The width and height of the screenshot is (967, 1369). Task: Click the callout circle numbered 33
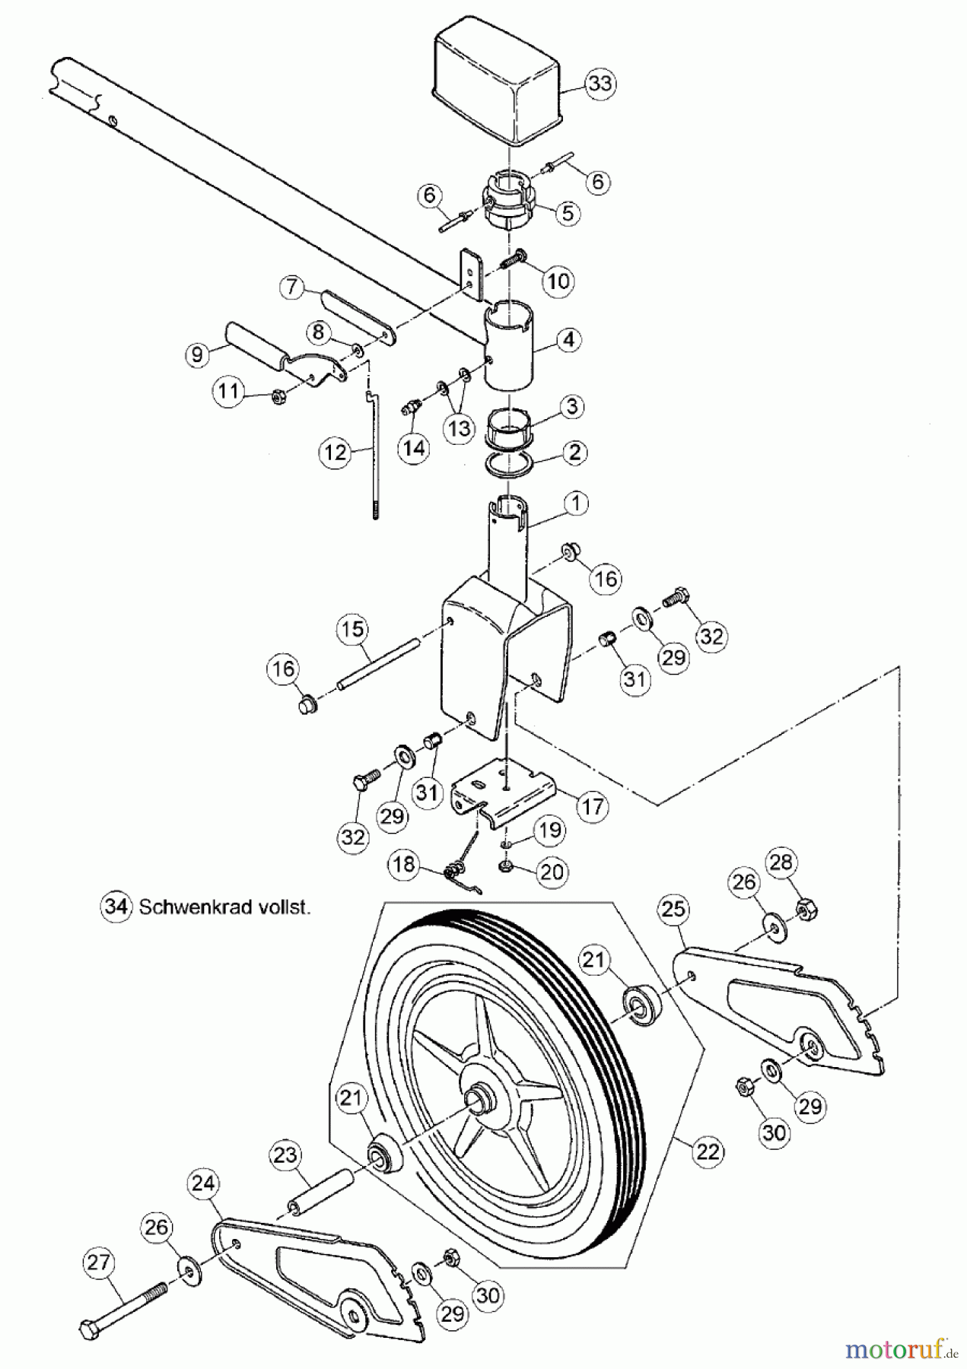point(600,84)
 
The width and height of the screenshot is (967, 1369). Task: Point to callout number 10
point(558,281)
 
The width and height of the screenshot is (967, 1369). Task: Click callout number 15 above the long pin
point(354,630)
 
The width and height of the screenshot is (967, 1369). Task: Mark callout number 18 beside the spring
point(406,864)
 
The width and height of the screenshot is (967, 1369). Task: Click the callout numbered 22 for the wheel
point(707,1152)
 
